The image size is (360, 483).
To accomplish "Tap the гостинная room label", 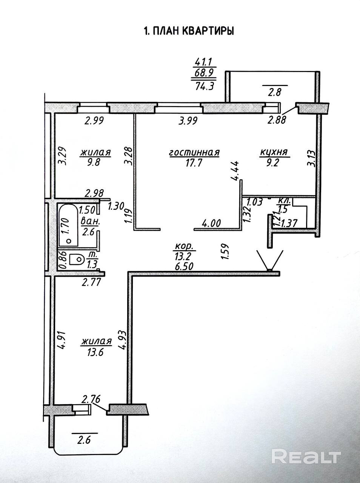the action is pos(194,153).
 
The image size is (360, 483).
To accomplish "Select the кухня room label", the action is pos(274,152).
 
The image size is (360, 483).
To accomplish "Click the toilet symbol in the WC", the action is pos(77,259).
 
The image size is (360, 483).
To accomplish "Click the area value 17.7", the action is pos(194,163).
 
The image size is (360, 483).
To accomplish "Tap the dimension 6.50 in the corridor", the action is pos(184,266).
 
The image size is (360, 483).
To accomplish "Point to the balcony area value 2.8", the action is pos(274,92).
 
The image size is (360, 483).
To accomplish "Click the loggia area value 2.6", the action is pos(85,439).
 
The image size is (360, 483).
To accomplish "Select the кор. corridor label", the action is pos(184,247).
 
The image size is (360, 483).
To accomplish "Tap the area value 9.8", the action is pos(95,163).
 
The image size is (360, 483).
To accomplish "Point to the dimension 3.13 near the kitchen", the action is pos(310,158).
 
